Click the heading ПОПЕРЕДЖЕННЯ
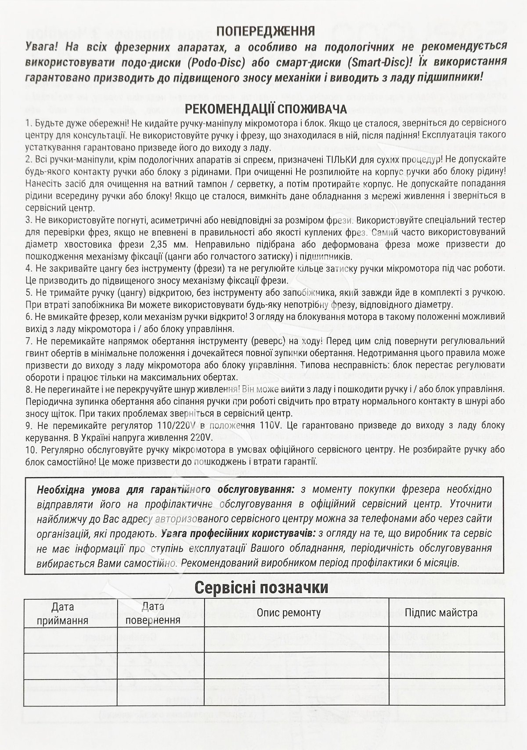[266, 31]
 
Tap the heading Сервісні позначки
[261, 587]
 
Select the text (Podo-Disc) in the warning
[215, 62]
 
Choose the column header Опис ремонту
[289, 612]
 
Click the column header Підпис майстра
[441, 612]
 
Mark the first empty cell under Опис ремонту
[296, 639]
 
